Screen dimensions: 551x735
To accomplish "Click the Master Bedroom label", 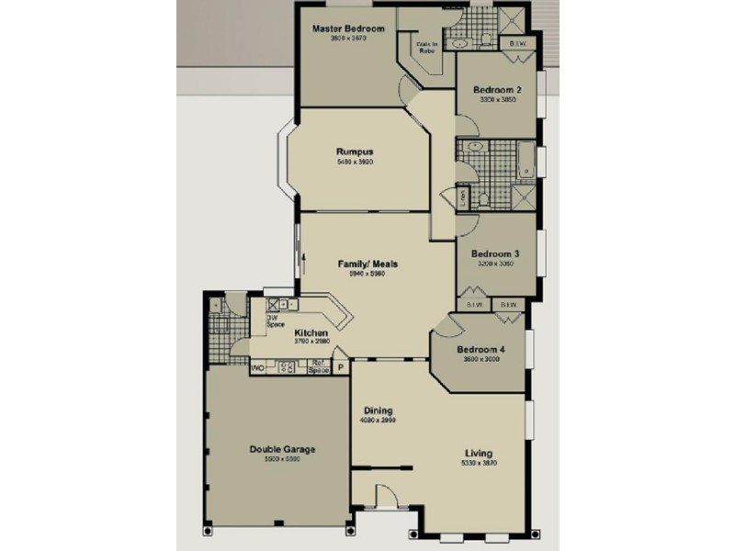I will (347, 28).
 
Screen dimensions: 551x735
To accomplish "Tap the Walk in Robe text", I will (428, 48).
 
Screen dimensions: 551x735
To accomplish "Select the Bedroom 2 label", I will (498, 90).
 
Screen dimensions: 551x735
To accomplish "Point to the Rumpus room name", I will (354, 152).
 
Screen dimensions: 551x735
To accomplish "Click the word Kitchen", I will (311, 332).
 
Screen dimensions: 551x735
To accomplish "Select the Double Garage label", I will (282, 449).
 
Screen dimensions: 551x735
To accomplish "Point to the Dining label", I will (378, 410).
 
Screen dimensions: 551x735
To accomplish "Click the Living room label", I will (478, 454).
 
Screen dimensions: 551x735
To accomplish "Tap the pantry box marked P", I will (340, 367).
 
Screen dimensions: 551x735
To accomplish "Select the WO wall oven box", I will (257, 367).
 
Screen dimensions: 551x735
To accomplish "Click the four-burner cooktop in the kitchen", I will (286, 367).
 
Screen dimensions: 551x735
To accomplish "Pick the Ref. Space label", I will (318, 367).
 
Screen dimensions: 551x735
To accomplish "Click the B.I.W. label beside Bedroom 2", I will (516, 43).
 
